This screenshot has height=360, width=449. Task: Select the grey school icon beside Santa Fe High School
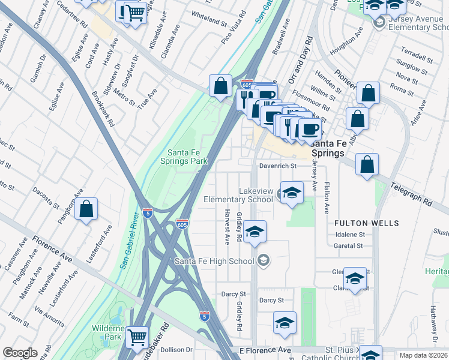[263, 260]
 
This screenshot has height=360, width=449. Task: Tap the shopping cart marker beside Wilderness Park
[137, 337]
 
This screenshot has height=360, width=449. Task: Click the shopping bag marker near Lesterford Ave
[86, 209]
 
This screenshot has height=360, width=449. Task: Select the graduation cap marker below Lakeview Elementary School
[255, 232]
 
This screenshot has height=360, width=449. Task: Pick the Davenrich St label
[278, 166]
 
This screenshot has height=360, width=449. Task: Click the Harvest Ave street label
[227, 227]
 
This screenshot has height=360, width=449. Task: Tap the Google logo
[20, 353]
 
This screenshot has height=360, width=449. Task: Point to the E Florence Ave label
[265, 350]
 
